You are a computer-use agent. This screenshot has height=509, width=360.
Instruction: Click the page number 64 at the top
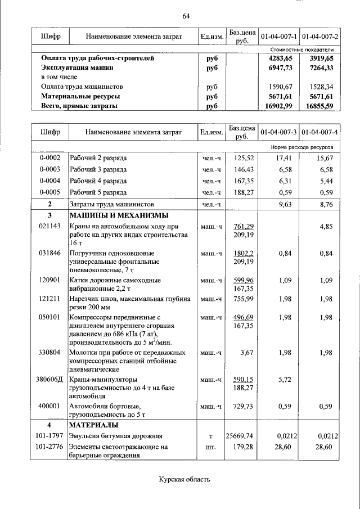coord(186,16)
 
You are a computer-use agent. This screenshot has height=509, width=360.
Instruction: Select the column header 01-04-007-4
coord(319,132)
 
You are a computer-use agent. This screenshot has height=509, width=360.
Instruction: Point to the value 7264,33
coord(321,67)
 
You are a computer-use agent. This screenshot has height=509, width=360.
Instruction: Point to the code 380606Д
coord(49,379)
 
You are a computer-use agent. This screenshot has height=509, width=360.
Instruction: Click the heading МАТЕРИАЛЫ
coord(93,425)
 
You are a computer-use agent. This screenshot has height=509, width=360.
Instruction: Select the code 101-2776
coord(49,447)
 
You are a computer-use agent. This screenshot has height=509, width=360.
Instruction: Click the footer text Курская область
coord(184,480)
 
